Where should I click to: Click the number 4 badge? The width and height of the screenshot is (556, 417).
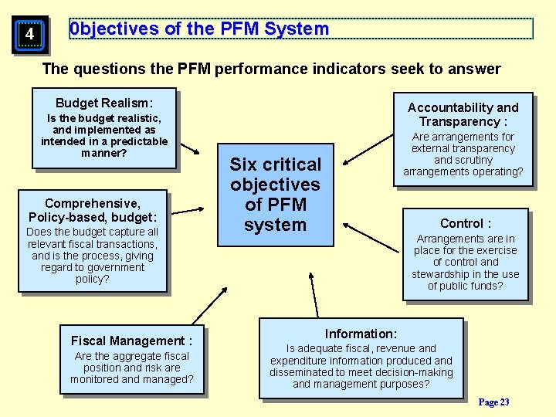click(29, 35)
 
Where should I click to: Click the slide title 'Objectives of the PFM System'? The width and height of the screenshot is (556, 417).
click(199, 29)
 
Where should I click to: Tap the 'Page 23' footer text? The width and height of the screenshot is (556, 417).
click(493, 402)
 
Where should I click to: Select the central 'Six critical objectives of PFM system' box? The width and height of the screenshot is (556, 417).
click(275, 195)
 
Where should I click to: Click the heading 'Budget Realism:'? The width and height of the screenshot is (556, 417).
click(104, 103)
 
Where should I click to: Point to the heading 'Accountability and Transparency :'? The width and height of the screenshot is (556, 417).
click(463, 114)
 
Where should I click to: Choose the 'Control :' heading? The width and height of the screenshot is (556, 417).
click(465, 223)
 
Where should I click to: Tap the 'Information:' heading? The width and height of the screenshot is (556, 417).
click(361, 334)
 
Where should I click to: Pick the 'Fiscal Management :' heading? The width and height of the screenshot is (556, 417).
click(131, 341)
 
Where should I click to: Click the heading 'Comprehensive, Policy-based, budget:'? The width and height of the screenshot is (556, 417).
click(93, 210)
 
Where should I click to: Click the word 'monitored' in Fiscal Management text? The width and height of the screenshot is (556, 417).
click(94, 379)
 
